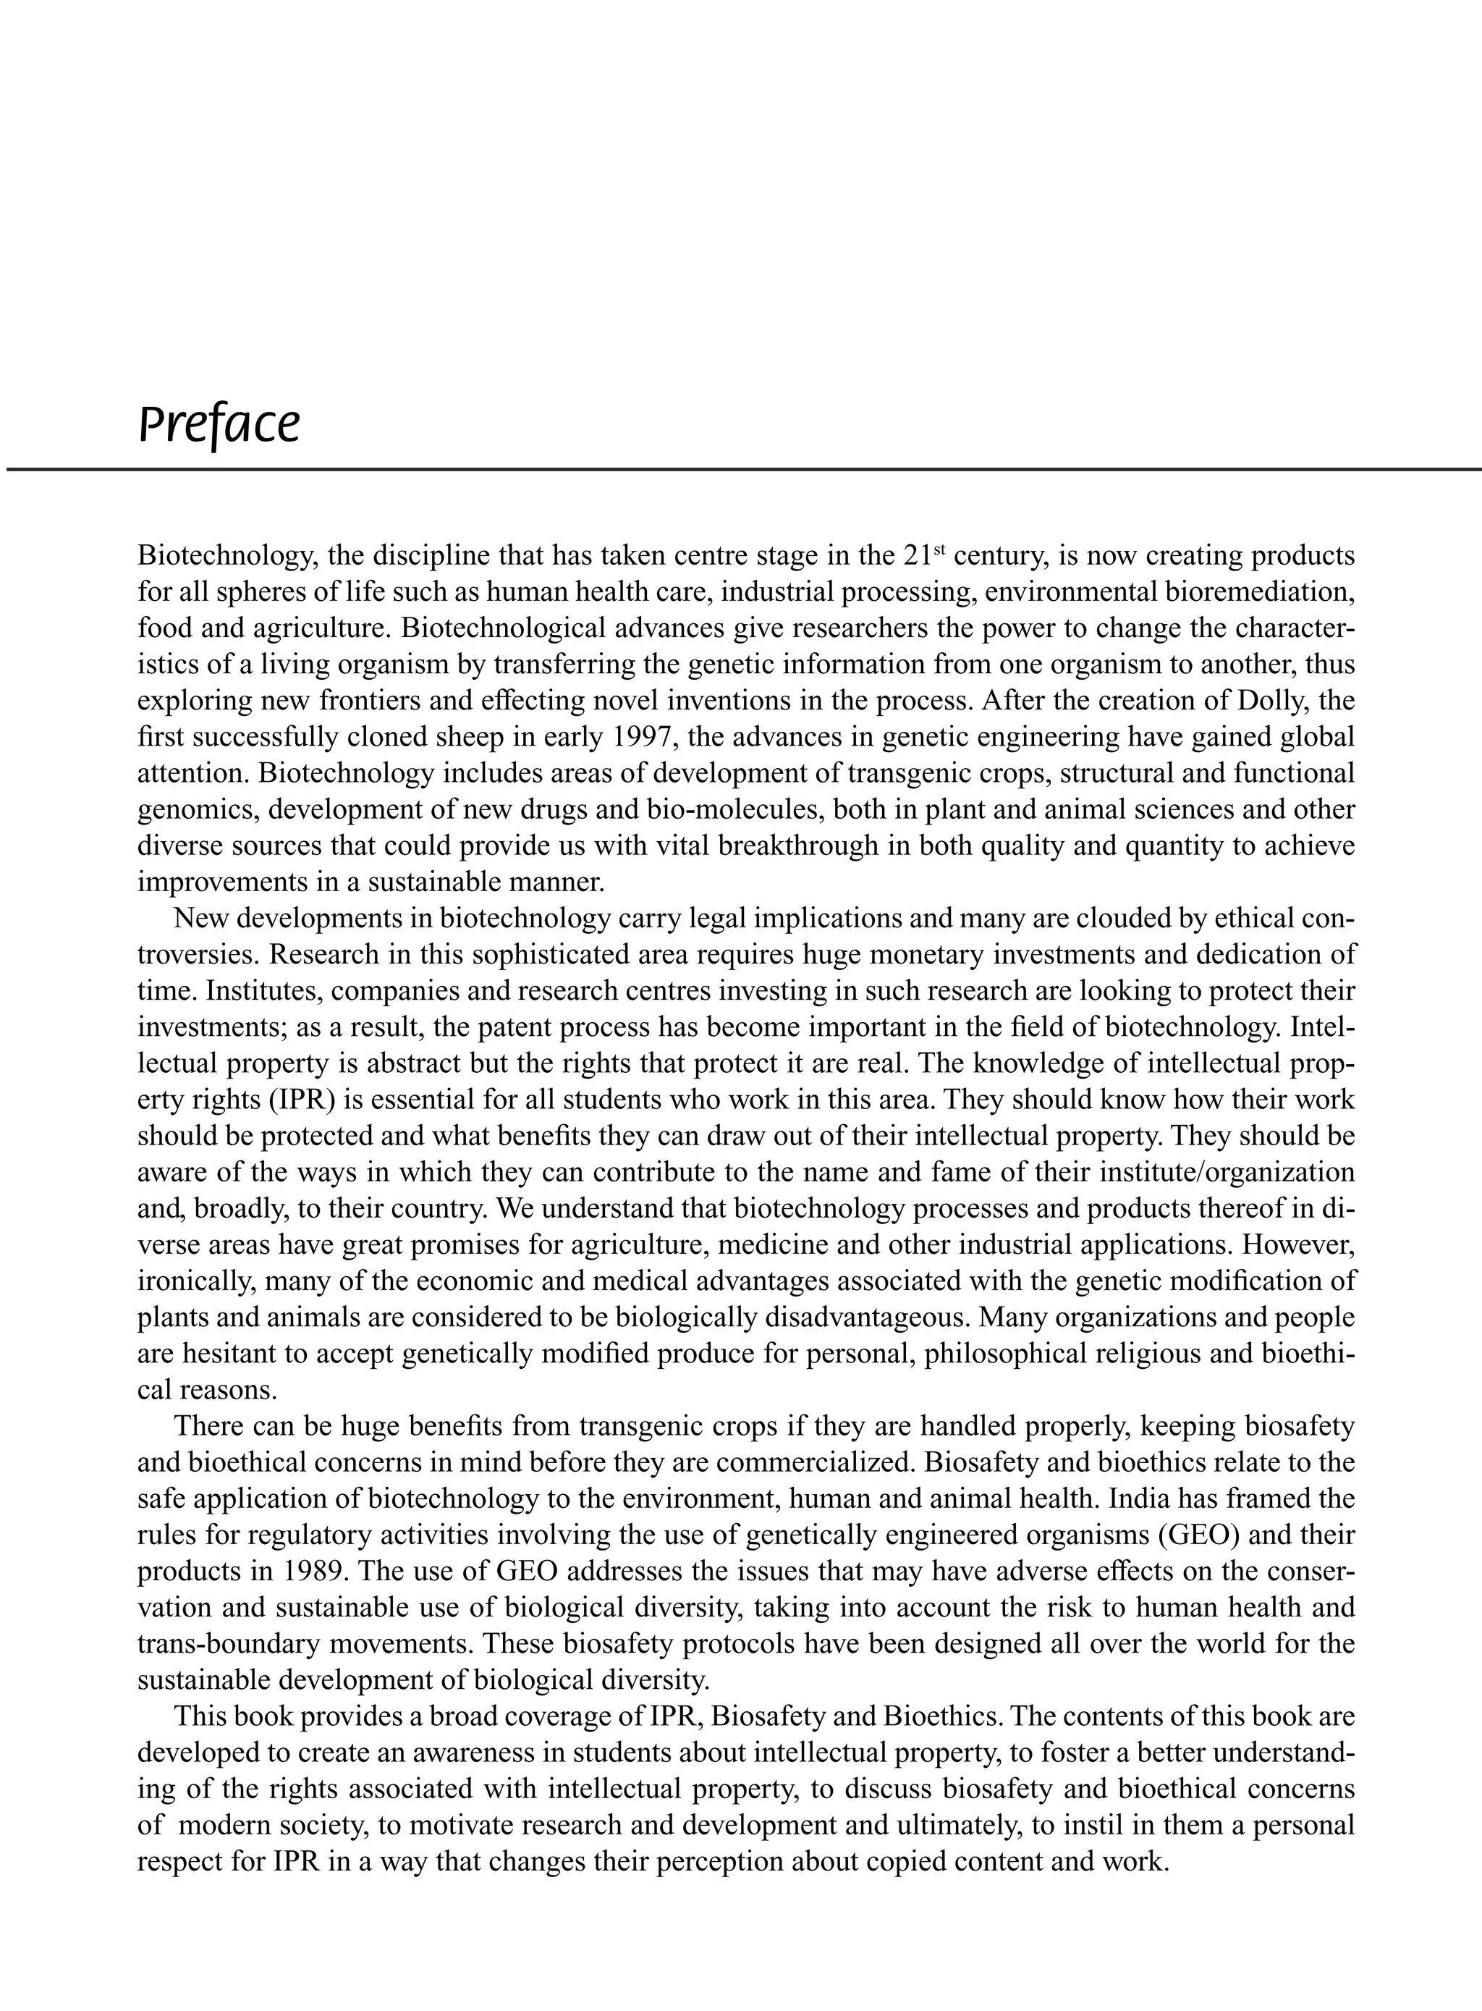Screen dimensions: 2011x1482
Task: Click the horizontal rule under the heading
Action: [x=741, y=469]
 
